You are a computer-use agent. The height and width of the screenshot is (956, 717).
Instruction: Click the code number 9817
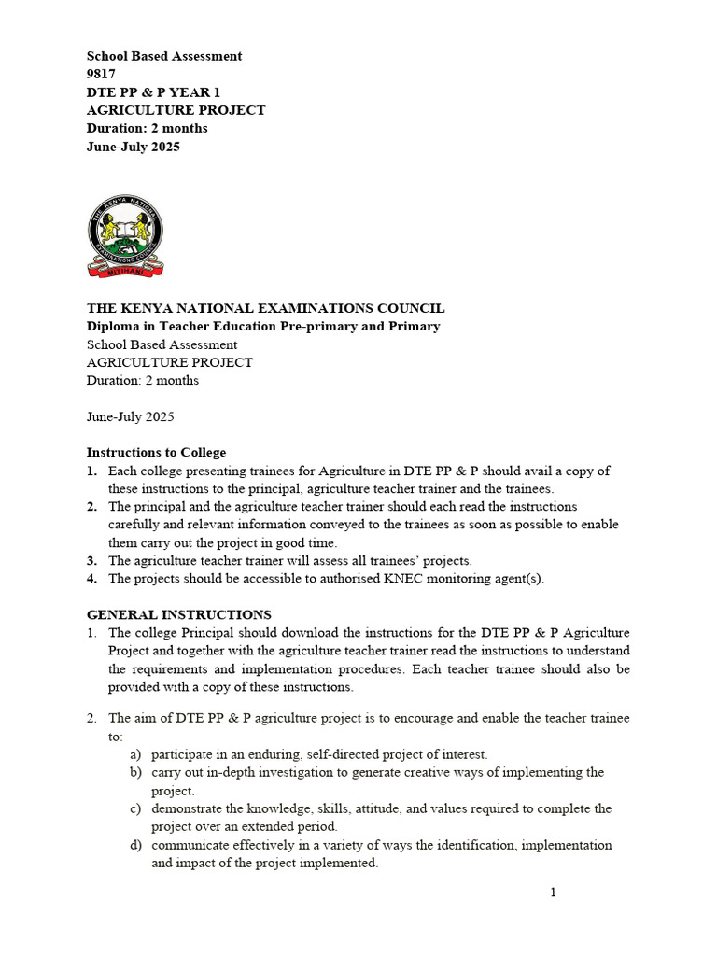(x=102, y=74)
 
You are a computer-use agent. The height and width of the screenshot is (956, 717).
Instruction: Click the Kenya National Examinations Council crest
(x=125, y=236)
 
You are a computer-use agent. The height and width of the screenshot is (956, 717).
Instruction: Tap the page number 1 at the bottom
(x=553, y=893)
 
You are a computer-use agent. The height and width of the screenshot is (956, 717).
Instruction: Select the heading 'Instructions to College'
(x=156, y=453)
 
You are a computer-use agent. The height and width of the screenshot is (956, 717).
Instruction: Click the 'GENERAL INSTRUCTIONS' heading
(x=179, y=614)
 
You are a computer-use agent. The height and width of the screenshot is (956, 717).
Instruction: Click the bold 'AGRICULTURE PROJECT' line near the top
(x=176, y=110)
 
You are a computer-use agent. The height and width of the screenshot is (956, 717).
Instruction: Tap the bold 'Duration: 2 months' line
(x=148, y=128)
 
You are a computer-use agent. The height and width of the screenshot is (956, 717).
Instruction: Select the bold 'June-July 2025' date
(x=134, y=147)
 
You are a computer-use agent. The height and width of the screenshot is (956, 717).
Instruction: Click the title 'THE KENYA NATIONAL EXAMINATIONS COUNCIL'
(x=265, y=308)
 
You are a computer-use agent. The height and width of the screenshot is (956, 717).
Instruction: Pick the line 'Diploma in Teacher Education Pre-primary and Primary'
(x=263, y=326)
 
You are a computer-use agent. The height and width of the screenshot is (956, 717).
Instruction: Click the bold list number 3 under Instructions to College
(x=91, y=561)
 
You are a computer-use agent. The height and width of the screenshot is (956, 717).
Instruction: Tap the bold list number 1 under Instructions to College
(x=91, y=471)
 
